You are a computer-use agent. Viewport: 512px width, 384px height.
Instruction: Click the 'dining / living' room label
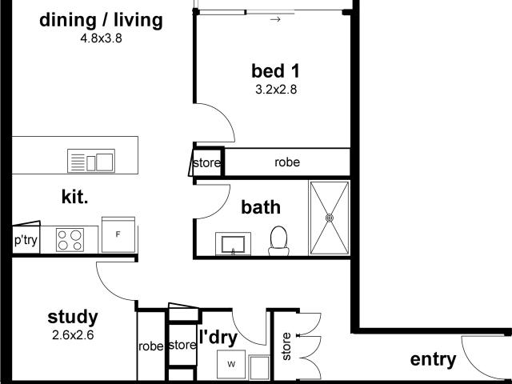[101, 20]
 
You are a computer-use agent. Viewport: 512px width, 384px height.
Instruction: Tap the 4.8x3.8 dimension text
[101, 37]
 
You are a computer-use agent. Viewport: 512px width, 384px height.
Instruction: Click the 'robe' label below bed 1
[287, 162]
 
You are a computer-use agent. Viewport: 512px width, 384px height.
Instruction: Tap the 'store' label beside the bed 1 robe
[206, 163]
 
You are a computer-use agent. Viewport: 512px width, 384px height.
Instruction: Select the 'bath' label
[262, 207]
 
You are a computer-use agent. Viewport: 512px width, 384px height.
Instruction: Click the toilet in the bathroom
[278, 241]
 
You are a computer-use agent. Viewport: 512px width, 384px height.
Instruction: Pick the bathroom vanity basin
[234, 243]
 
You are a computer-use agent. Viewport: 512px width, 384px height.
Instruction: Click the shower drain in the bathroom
[329, 217]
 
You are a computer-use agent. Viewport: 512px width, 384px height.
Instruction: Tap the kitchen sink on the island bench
[91, 161]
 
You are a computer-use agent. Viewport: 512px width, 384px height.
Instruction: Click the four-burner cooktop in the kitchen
[71, 238]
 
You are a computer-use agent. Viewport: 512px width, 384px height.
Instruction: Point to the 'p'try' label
[26, 240]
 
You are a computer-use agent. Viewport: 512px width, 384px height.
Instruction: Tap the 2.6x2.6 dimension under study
[72, 335]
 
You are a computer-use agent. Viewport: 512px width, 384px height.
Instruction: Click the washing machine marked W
[232, 366]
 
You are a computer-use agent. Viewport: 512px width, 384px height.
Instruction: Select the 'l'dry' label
[218, 338]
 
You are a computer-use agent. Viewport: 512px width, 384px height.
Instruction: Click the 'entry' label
[433, 360]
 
